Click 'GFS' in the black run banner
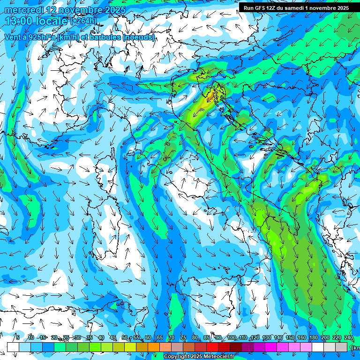point(259,8)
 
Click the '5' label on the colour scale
point(17,337)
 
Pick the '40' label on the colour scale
point(101,337)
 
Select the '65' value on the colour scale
point(160,337)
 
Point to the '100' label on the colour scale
point(231,337)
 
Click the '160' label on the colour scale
point(301,337)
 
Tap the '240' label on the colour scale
point(348,337)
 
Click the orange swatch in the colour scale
point(154,347)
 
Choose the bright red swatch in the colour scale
point(212,347)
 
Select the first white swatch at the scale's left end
point(13,347)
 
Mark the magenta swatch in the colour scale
point(271,347)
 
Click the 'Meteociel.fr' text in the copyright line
point(228,357)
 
